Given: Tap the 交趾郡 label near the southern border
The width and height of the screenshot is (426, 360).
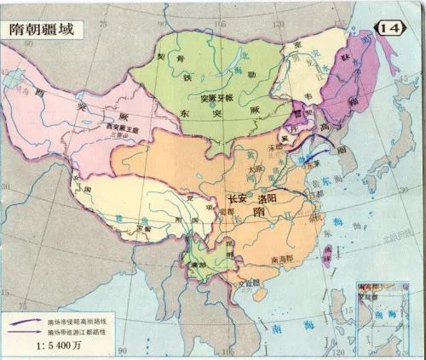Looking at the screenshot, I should [x=251, y=276].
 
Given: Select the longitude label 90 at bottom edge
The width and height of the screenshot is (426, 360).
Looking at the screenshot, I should [x=122, y=349].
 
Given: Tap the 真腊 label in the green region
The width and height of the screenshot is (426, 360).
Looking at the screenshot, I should [x=202, y=265].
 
